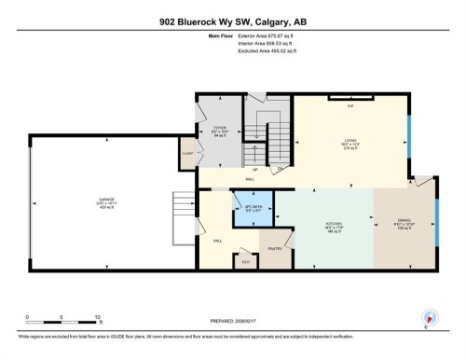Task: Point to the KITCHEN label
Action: (x=333, y=224)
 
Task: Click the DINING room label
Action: (x=404, y=221)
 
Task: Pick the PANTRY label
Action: (x=276, y=249)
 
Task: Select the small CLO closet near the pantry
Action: (x=246, y=262)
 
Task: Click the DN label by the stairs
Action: (x=280, y=169)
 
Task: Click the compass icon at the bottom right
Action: (x=429, y=317)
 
